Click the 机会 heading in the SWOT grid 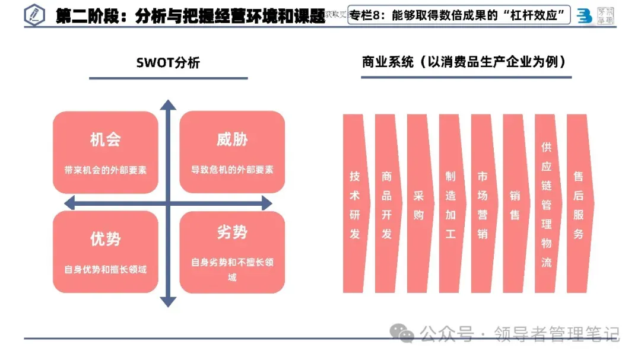(105, 139)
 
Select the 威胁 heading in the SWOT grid (232, 139)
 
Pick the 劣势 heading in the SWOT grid (232, 232)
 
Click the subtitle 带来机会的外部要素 (105, 170)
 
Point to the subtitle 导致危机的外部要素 (232, 170)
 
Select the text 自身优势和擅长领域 (105, 269)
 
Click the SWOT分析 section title (168, 63)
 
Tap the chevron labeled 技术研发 (355, 204)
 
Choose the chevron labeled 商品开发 (387, 204)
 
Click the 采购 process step (419, 205)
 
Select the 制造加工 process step (451, 204)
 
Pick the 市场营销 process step (483, 204)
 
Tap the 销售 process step (515, 205)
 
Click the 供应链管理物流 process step (547, 204)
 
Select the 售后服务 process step (579, 204)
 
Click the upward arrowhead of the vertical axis (169, 106)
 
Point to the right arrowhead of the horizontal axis (266, 203)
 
